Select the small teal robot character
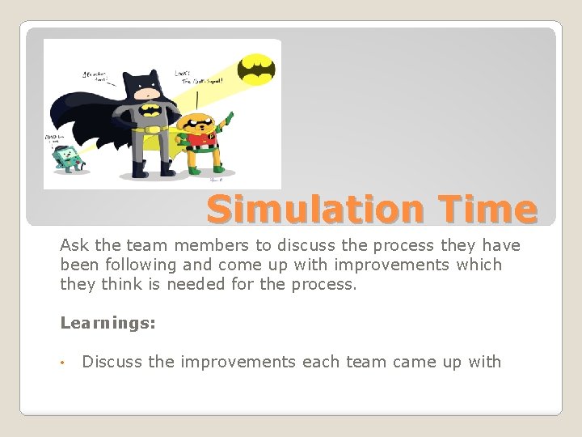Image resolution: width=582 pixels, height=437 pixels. pyautogui.click(x=63, y=156)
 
